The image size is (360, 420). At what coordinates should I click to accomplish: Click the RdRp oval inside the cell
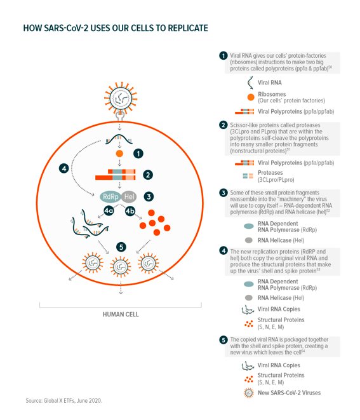(110, 196)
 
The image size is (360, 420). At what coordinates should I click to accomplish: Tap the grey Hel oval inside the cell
(129, 196)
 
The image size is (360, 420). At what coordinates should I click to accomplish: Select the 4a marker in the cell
(109, 210)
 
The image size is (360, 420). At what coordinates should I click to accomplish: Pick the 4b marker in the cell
(130, 211)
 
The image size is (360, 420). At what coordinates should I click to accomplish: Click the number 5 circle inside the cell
(121, 247)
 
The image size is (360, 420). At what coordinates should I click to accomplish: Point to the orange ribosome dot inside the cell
(119, 154)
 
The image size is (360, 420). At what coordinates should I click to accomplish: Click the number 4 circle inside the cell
(64, 168)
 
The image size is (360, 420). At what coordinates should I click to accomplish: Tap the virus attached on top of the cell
(121, 98)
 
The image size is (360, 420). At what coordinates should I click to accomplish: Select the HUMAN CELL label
(121, 314)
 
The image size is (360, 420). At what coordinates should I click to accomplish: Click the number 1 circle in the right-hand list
(223, 56)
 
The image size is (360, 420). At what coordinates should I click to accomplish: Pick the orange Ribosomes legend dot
(251, 97)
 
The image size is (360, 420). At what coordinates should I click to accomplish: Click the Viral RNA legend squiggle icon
(250, 83)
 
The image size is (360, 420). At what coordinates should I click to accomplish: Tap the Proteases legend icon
(248, 176)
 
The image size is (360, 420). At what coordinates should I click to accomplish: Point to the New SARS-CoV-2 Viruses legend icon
(249, 393)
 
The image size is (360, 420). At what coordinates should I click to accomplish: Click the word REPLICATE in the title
(188, 28)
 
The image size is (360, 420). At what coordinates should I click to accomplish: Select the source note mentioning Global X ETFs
(63, 401)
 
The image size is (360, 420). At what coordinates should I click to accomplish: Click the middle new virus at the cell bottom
(121, 267)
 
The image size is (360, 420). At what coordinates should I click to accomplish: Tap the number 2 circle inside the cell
(148, 175)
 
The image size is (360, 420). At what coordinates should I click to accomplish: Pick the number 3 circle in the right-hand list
(223, 193)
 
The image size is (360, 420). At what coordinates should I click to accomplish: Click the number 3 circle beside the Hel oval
(149, 196)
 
